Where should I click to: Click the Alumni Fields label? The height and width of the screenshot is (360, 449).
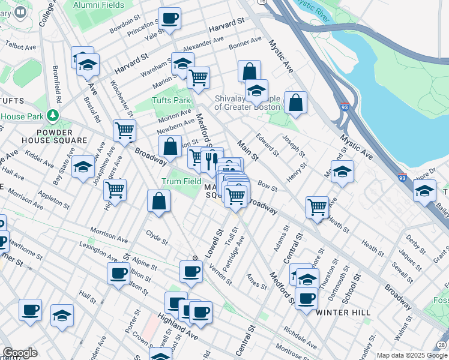click(x=98, y=5)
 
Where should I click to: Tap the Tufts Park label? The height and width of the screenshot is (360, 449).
click(x=170, y=101)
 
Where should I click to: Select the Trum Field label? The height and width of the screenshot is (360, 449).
click(x=181, y=181)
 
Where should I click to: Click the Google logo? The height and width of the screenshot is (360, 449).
click(x=20, y=353)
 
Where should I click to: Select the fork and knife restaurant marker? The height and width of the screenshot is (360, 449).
click(x=211, y=160)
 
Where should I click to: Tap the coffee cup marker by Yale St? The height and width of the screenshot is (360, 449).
click(x=170, y=19)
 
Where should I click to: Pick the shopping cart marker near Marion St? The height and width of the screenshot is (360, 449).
click(x=198, y=77)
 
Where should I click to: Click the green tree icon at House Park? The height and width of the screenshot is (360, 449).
click(x=54, y=115)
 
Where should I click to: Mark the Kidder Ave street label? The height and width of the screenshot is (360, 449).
click(x=40, y=160)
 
